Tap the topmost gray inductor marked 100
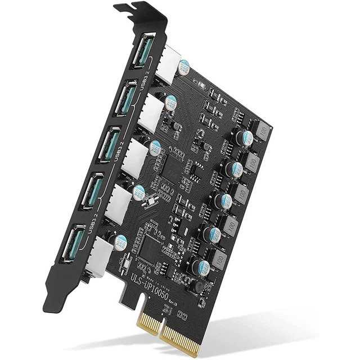coord(262,130)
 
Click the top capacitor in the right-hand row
coord(246,138)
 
